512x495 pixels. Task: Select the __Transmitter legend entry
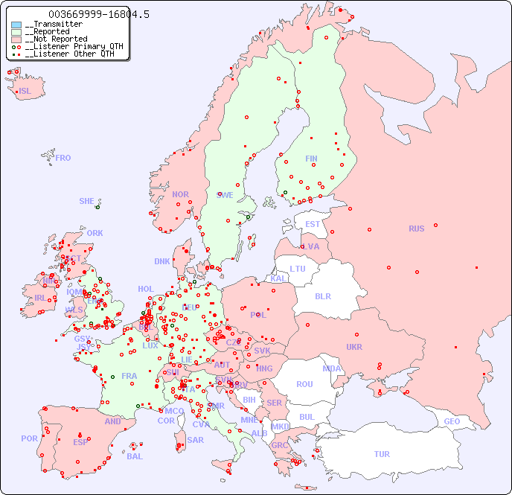[x=54, y=25]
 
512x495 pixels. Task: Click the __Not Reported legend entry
[x=56, y=39]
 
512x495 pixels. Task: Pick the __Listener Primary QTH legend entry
[x=67, y=46]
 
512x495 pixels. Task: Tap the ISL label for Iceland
[x=25, y=92]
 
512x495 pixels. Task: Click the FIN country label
[x=311, y=159]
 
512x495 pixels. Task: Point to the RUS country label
[x=416, y=229]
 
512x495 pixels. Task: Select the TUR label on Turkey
[x=382, y=454]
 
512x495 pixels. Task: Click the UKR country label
[x=354, y=347]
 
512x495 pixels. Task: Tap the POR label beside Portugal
[x=29, y=438]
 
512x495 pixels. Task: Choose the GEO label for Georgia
[x=452, y=421]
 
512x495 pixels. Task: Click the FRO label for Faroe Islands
[x=63, y=158]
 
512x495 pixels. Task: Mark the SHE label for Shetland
[x=86, y=201]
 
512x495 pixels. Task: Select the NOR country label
[x=180, y=194]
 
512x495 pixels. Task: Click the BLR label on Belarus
[x=322, y=296]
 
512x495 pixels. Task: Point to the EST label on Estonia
[x=313, y=224]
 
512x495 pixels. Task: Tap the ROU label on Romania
[x=304, y=384]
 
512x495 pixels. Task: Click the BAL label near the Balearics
[x=135, y=456]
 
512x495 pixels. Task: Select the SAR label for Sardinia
[x=195, y=440]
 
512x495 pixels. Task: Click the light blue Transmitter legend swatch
[x=16, y=25]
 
